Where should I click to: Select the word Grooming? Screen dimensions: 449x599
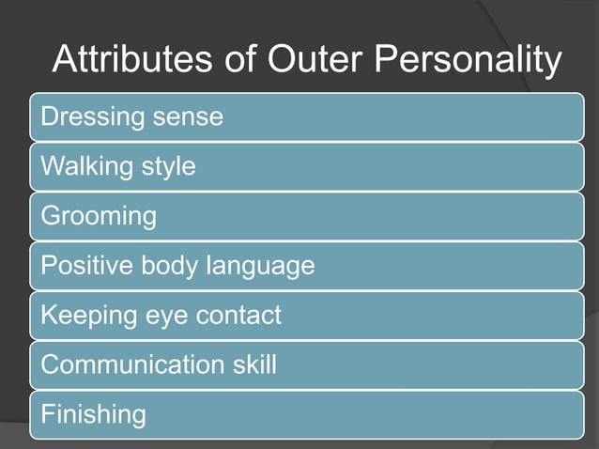(98, 218)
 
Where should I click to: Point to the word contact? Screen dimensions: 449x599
(235, 316)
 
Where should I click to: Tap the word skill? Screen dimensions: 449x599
(253, 364)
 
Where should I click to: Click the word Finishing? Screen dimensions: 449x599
(93, 414)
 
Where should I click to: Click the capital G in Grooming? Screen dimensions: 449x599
(50, 217)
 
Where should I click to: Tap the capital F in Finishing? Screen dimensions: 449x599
(47, 413)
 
